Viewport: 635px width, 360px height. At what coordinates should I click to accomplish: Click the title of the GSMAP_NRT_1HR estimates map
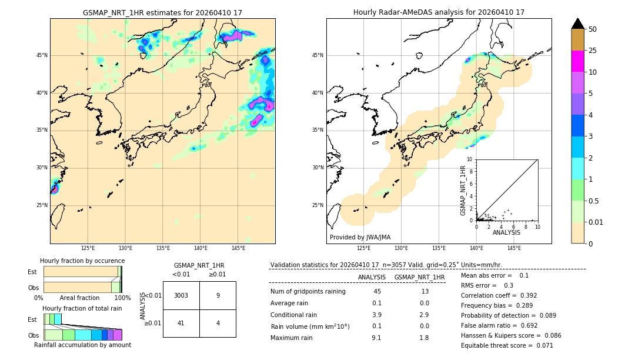162,12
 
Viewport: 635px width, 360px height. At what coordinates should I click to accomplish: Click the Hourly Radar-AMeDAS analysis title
439,12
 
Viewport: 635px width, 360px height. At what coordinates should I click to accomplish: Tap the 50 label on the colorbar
593,29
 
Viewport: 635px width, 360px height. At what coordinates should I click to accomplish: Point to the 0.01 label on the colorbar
597,222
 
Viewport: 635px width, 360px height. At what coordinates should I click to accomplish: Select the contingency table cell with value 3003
181,295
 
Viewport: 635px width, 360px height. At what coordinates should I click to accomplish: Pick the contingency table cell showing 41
181,323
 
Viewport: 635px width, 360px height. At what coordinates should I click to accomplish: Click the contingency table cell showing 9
218,295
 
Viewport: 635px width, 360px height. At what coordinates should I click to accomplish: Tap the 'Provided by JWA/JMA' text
360,237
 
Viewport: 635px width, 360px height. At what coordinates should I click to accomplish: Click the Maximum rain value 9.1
376,338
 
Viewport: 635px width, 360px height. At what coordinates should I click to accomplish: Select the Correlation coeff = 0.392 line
499,295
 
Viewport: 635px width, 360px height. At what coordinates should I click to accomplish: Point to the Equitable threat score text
507,345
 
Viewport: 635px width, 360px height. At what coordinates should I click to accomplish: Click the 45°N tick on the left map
42,55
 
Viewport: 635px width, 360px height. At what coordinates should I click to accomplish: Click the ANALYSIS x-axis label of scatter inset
506,232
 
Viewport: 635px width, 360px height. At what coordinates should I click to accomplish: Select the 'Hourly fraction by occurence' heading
82,261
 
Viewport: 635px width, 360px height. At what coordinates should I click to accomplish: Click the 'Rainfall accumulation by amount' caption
82,345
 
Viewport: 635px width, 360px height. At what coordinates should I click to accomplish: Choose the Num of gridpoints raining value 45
376,291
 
